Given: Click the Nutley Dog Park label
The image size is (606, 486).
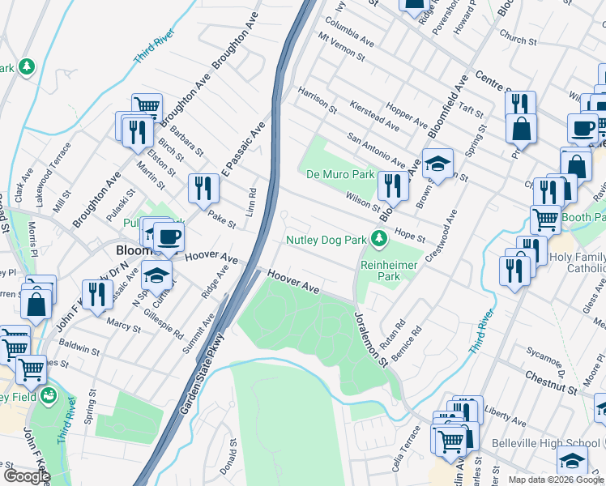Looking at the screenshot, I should [x=326, y=239].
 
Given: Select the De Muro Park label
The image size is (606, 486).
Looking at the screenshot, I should [x=340, y=174].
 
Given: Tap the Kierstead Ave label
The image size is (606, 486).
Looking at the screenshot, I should [x=374, y=116].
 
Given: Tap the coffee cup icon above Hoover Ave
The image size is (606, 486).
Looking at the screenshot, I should [x=169, y=237].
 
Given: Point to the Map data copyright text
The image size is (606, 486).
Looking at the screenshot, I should [x=556, y=480].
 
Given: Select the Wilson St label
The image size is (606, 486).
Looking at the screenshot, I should [x=362, y=200].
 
